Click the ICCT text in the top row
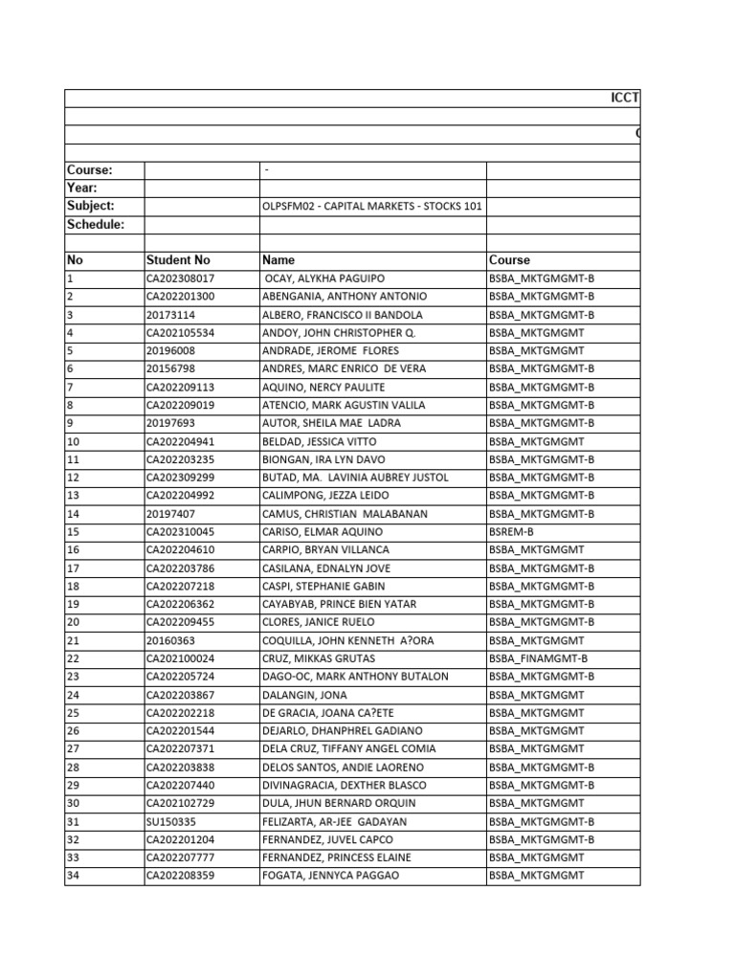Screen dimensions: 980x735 (625, 99)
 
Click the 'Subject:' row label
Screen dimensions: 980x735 (90, 206)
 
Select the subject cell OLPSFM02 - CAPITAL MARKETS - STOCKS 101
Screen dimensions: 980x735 (372, 207)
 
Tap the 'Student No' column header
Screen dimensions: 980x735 (178, 259)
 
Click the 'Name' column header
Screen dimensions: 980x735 (278, 259)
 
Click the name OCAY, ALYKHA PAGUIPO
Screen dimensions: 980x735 (323, 278)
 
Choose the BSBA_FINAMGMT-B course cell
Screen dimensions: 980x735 (538, 658)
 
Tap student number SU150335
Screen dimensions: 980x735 (170, 821)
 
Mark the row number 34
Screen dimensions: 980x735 (74, 876)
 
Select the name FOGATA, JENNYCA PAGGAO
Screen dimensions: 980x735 (330, 876)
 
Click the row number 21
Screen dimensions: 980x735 (74, 640)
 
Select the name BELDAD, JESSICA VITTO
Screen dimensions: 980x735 (319, 441)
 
